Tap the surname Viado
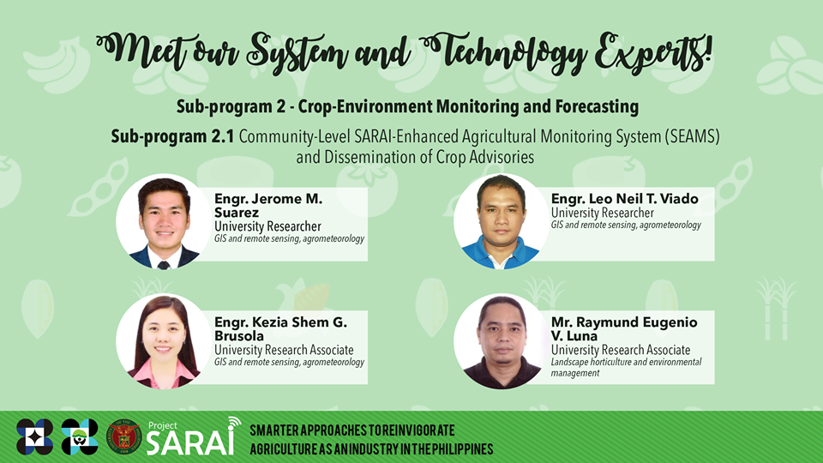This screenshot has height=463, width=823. (676, 199)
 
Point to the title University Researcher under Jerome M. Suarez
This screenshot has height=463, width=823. (267, 226)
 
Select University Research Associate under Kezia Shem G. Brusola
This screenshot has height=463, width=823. (284, 350)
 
